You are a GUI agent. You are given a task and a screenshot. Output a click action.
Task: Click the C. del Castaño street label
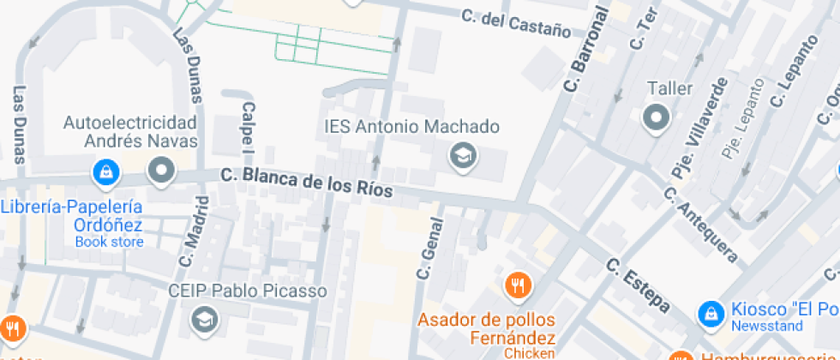coord(515,23)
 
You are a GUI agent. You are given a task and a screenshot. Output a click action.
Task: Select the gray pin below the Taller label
coord(657,117)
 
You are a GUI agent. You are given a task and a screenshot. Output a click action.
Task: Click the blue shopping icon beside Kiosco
coord(711,314)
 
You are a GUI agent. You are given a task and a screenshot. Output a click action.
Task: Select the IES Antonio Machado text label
coord(411,127)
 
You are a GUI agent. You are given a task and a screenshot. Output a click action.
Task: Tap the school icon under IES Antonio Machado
coord(464,155)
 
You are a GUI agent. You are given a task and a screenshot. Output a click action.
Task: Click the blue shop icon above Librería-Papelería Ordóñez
coord(105,171)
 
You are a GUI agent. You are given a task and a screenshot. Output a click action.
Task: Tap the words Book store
coord(109,242)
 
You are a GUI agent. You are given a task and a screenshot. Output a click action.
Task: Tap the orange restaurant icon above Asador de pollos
coord(517,286)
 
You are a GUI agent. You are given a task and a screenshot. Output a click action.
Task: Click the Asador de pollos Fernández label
coord(486,329)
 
